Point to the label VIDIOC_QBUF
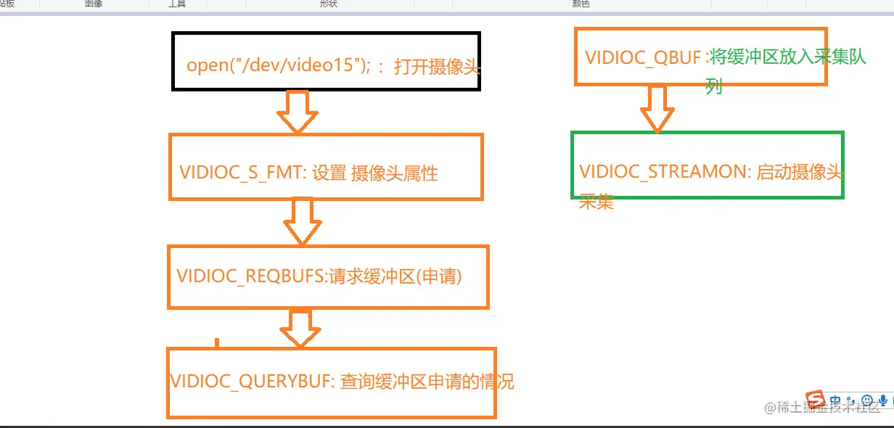[643, 57]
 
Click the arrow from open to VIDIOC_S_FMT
[298, 112]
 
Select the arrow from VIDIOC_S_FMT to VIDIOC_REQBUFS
[302, 221]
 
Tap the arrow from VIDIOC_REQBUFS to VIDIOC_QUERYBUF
[300, 327]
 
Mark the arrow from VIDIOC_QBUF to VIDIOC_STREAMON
[657, 109]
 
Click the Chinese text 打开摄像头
[438, 67]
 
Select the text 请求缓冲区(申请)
[395, 276]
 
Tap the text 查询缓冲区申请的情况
[427, 382]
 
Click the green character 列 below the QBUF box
[714, 88]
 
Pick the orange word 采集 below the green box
[596, 202]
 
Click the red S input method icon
[817, 400]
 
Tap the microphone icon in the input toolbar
[883, 400]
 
